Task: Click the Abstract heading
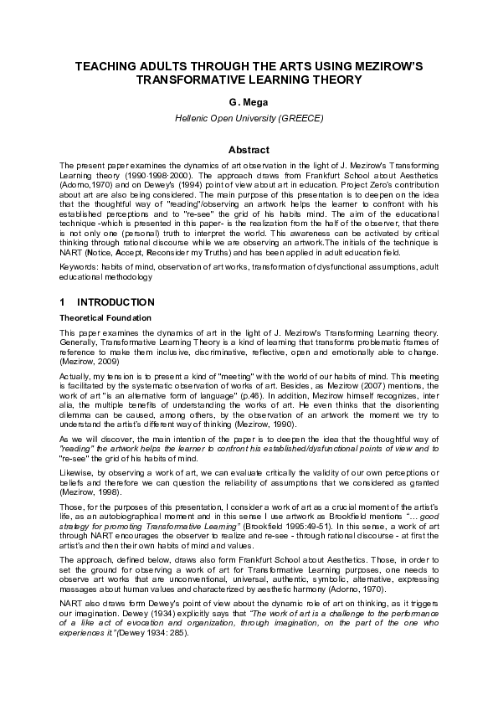tap(249, 149)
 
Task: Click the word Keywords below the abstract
tap(78, 266)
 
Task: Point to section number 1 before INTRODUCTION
tap(62, 301)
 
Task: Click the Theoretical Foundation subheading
tap(105, 318)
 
